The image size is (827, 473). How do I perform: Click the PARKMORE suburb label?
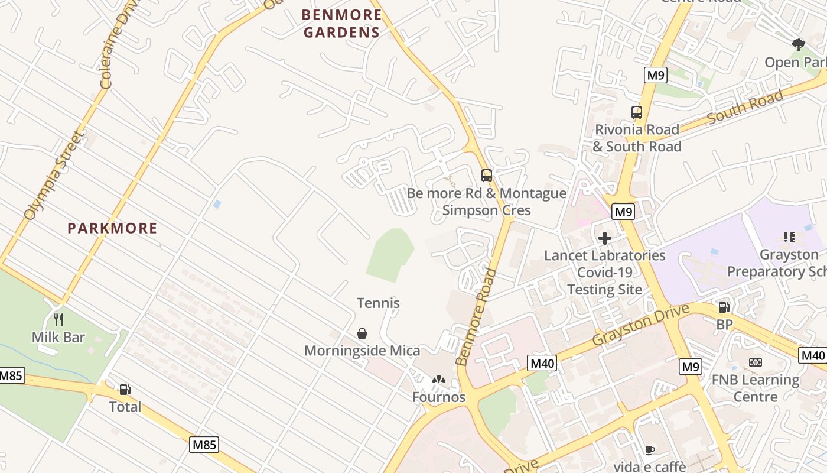(x=112, y=228)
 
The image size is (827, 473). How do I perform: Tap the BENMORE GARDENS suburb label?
(x=342, y=23)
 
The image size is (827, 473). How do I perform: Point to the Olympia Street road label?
(x=53, y=176)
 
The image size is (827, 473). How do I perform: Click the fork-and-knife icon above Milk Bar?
(x=58, y=320)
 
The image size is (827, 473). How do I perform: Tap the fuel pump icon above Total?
(x=125, y=389)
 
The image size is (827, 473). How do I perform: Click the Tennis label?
(x=378, y=303)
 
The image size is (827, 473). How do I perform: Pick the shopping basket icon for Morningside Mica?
(x=362, y=334)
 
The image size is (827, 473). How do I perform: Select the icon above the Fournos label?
(x=438, y=380)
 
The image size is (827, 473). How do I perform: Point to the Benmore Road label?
(x=477, y=317)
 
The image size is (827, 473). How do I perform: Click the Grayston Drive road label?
(x=641, y=325)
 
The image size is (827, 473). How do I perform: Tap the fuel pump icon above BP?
(x=724, y=307)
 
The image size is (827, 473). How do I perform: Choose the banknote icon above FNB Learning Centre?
(x=755, y=362)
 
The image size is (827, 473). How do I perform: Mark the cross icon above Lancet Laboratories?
(x=605, y=238)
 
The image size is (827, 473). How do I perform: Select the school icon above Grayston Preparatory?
(x=789, y=237)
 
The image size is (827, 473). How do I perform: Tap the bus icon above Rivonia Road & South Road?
(x=637, y=112)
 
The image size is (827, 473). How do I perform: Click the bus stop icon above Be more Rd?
(x=487, y=176)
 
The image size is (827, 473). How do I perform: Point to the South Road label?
(x=745, y=107)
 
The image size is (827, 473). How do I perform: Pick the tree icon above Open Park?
(x=799, y=45)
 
